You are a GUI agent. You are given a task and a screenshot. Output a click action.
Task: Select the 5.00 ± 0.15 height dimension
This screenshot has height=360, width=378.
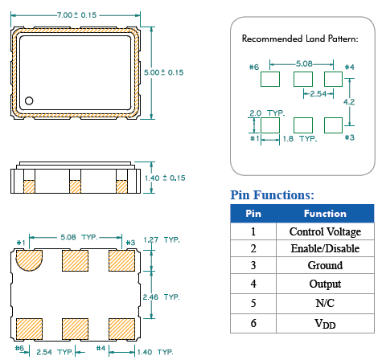(163, 72)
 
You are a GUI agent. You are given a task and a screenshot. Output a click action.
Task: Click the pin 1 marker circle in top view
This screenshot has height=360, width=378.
(29, 101)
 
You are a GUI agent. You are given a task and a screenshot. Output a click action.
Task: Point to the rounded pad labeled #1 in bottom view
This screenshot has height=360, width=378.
(30, 260)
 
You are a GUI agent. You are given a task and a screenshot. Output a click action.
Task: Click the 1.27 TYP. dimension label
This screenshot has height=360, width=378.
(160, 240)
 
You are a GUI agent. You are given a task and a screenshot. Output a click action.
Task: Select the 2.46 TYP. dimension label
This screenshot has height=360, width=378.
(160, 297)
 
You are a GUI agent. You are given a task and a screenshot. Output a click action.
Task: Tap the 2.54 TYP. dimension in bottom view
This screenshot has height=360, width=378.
(55, 352)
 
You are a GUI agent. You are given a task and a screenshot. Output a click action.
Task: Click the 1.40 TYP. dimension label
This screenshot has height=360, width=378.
(154, 352)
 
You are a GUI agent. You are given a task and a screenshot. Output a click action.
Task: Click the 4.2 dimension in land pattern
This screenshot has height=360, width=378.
(349, 102)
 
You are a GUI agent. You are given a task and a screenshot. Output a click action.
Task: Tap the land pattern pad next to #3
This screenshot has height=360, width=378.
(332, 125)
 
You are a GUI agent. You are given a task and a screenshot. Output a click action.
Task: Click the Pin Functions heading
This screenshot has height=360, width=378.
(272, 194)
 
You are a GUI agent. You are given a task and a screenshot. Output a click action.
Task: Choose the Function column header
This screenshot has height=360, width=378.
(325, 214)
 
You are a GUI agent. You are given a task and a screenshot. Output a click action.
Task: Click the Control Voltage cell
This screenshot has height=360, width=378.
(325, 231)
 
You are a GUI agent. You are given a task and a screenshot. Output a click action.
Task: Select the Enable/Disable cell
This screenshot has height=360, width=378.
(325, 248)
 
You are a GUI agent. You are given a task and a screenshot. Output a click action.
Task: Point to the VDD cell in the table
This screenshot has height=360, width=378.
(325, 323)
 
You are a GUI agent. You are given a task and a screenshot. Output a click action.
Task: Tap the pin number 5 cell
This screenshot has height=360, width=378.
(253, 304)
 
